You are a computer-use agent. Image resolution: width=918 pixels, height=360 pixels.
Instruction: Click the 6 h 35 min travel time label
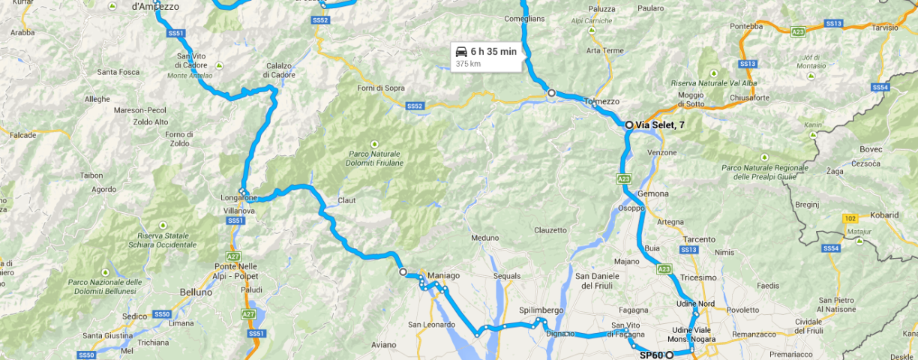(493, 51)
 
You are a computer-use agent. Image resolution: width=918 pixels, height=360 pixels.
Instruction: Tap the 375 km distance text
(468, 64)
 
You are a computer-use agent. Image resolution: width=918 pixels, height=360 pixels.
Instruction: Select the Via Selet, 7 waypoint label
(659, 124)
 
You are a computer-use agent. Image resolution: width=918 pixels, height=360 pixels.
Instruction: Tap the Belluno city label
(197, 291)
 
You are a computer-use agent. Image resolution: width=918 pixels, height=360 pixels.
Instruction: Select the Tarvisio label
(884, 28)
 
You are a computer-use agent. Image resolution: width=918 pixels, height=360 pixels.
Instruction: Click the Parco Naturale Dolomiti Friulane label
(376, 158)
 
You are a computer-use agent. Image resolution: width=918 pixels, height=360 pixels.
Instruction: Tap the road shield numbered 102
(850, 218)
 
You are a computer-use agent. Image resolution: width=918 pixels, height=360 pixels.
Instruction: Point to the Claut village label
(346, 200)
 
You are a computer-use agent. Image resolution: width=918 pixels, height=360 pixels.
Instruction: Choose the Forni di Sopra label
(382, 88)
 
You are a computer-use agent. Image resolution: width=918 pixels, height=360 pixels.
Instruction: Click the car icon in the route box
(461, 51)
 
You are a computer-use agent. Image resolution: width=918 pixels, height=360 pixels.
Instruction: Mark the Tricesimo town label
(698, 277)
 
